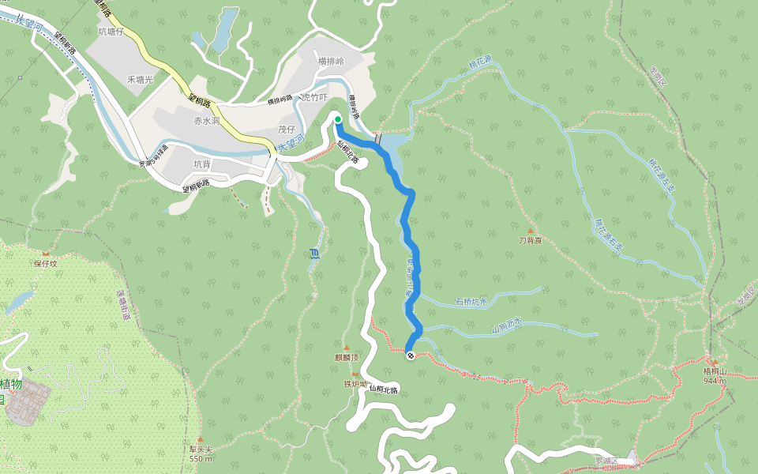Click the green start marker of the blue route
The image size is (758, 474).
click(x=338, y=120)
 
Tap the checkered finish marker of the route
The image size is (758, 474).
click(x=411, y=355)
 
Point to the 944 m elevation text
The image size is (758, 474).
click(x=715, y=381)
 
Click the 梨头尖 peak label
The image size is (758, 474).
click(x=201, y=450)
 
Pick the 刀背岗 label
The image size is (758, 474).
click(x=530, y=240)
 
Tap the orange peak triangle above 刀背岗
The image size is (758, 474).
click(x=530, y=231)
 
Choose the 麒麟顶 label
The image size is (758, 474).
click(x=346, y=357)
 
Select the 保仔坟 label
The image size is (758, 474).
click(x=45, y=263)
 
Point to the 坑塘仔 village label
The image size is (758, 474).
click(x=112, y=32)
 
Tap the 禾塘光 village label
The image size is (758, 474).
click(x=139, y=80)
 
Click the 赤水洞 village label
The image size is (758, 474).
click(x=206, y=122)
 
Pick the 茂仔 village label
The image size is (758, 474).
click(x=286, y=130)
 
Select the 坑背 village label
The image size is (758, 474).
click(x=202, y=164)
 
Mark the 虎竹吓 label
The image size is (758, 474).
click(x=314, y=98)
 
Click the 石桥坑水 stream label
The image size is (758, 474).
click(x=471, y=301)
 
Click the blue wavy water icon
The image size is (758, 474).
click(x=315, y=254)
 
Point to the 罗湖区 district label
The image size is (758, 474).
click(x=606, y=460)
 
